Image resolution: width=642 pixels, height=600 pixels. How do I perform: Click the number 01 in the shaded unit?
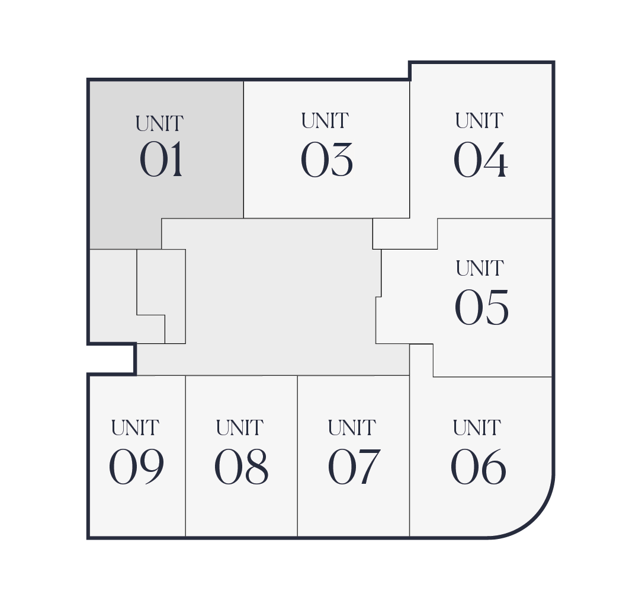[x=161, y=159]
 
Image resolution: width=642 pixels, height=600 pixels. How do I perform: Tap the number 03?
[x=326, y=159]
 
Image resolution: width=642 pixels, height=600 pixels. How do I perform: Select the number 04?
[x=481, y=159]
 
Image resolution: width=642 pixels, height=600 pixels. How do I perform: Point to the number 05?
[x=481, y=307]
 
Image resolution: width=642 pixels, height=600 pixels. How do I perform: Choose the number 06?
[x=478, y=467]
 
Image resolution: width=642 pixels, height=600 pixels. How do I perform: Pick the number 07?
[x=354, y=467]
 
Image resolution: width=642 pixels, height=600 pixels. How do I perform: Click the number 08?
[x=241, y=467]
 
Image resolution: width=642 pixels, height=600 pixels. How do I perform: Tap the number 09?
[x=136, y=467]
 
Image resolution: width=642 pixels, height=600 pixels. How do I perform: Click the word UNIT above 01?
[x=159, y=124]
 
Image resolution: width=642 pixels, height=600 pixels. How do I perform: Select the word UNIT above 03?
[x=325, y=121]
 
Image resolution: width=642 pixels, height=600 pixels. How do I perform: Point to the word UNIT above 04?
[x=479, y=121]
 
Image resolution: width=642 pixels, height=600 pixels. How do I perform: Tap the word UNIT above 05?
[x=480, y=269]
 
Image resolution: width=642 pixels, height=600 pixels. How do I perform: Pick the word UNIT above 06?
[x=477, y=428]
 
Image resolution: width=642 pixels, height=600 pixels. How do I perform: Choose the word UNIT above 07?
[x=352, y=428]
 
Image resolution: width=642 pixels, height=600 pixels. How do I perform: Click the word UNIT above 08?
[x=240, y=428]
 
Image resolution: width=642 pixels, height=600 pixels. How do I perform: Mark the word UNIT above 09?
[x=135, y=428]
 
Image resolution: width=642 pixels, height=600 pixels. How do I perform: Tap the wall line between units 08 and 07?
[x=297, y=456]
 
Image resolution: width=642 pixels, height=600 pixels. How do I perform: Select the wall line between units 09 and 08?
[x=185, y=456]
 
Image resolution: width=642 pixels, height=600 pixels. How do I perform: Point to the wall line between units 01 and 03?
[x=243, y=149]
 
